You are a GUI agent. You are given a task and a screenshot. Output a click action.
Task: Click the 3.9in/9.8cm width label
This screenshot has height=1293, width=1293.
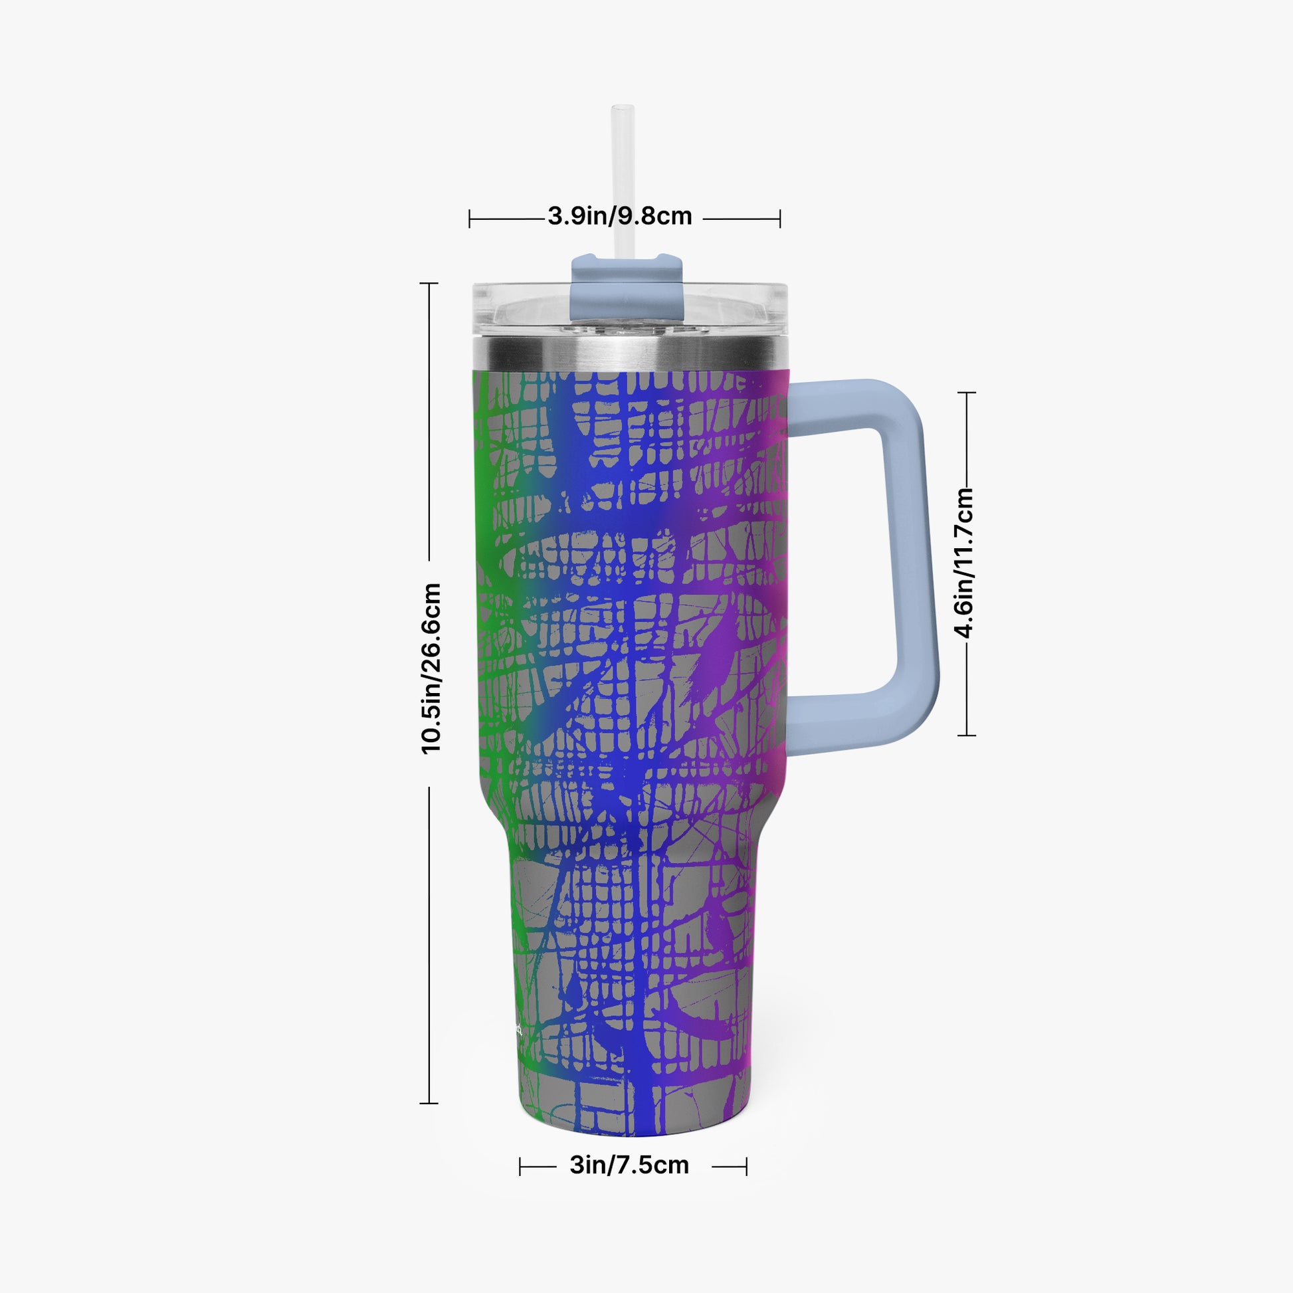coord(620,216)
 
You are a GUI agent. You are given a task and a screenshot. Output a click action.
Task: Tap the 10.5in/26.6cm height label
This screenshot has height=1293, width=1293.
coord(431,668)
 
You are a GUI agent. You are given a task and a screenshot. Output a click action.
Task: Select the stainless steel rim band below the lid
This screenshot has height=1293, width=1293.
coord(629,353)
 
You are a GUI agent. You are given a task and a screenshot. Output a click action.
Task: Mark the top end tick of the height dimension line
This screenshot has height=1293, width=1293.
coord(429,284)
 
